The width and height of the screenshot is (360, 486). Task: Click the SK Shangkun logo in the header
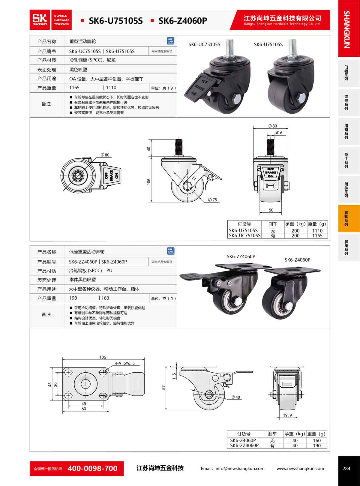coord(40,20)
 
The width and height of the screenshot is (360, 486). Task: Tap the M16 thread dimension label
coord(279,133)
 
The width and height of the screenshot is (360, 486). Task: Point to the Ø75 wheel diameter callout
coord(212,199)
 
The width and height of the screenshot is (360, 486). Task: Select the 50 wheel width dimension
coord(271,210)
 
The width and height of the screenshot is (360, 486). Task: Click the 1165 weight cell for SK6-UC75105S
coord(317,236)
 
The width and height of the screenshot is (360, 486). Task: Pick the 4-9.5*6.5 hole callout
coord(124,363)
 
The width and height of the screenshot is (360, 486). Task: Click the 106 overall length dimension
coord(103,357)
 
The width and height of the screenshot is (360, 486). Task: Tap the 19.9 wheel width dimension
coord(287,415)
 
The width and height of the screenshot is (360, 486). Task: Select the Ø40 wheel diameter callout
coord(236,397)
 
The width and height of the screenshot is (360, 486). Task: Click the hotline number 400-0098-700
coord(92,469)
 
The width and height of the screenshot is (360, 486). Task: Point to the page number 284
coord(346,469)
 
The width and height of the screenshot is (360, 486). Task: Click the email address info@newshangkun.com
coord(240,469)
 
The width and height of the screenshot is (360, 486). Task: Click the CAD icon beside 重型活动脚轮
coord(170,41)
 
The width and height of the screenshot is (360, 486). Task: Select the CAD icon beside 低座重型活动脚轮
coord(170,251)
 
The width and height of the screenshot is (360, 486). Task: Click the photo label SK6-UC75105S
coord(204,44)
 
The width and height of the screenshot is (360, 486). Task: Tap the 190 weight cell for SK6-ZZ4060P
coord(317,445)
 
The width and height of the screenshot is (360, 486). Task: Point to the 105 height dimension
coord(149,181)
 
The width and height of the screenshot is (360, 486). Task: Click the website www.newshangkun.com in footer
coord(300,469)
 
